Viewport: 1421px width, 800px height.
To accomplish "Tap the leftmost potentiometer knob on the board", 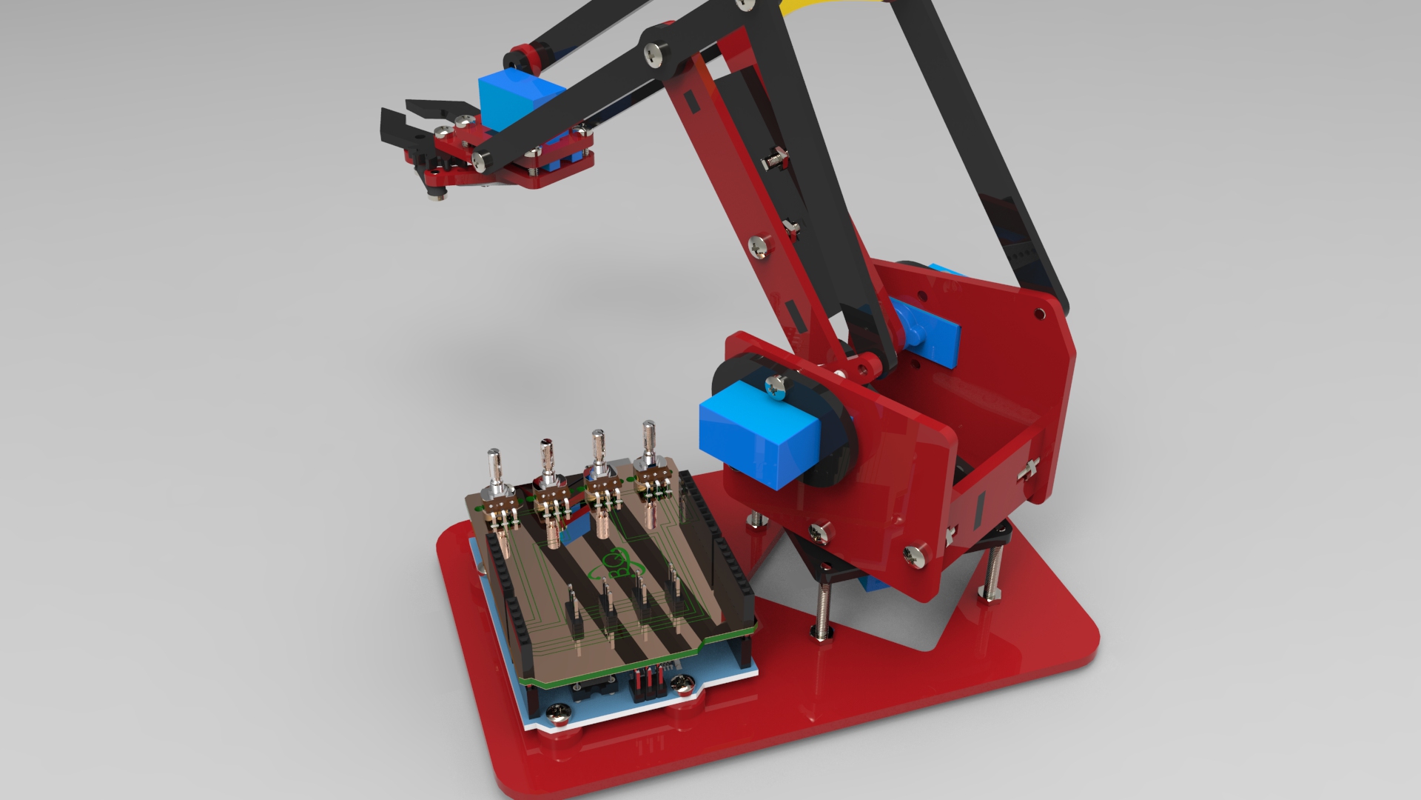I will pyautogui.click(x=495, y=467).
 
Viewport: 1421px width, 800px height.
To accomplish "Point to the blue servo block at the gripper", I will pyautogui.click(x=520, y=99).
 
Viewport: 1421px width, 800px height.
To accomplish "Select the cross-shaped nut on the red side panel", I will pyautogui.click(x=1029, y=467).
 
